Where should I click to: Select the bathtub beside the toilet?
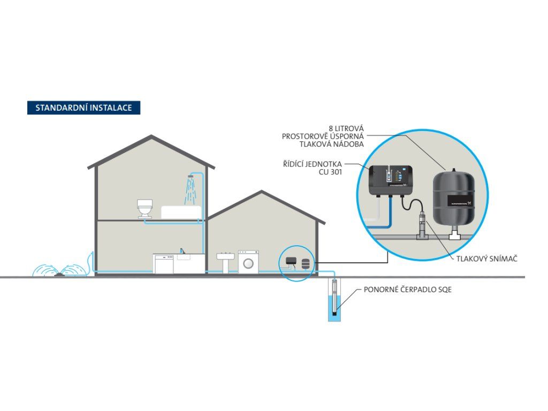180,212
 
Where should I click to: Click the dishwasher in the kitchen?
164,263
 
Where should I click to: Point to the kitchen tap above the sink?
183,250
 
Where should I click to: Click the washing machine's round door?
247,264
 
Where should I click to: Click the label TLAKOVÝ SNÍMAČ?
486,258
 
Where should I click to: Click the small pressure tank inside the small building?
306,263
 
